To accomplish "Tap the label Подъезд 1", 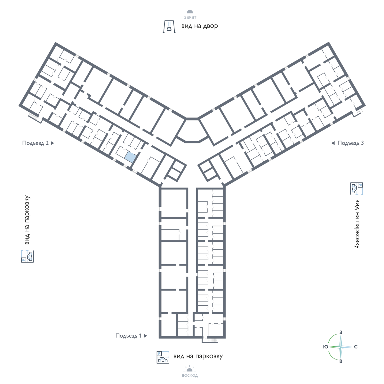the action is tap(129, 336).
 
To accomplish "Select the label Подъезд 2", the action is tap(36, 143).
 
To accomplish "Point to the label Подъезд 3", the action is tap(350, 143).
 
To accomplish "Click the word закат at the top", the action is tap(190, 17).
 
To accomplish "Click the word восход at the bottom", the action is tap(190, 376).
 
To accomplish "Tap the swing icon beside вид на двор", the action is tap(169, 27).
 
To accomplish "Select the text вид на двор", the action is tap(199, 26).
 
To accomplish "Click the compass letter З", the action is tap(341, 332).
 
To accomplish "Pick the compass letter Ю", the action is tap(326, 347).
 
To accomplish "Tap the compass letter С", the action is tap(356, 347).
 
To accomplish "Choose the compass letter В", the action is tap(341, 361).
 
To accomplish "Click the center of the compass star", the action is tap(341, 347).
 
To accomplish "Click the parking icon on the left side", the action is tap(27, 256).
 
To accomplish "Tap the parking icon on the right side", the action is tap(357, 188).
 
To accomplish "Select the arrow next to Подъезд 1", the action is tap(146, 336).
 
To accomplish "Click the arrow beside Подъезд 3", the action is tap(333, 143).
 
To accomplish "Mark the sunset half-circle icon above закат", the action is tap(190, 12).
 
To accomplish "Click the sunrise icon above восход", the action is tap(189, 369).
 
